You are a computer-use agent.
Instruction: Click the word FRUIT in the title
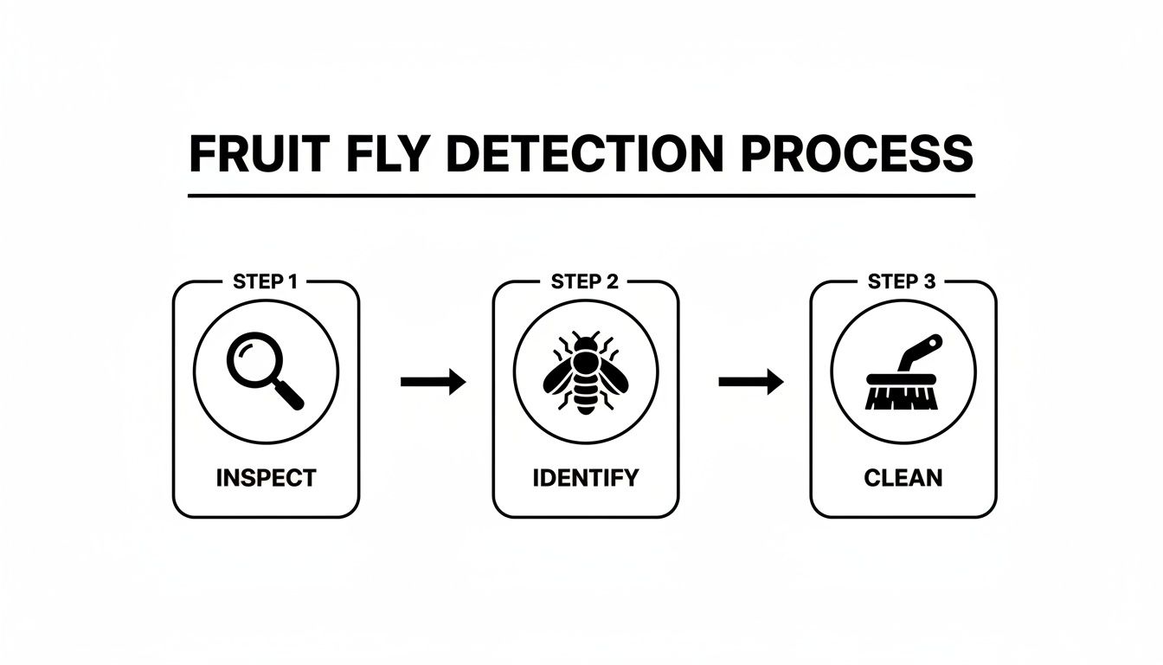[244, 155]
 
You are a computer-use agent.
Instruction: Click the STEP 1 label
[266, 281]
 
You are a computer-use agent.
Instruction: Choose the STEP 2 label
[585, 281]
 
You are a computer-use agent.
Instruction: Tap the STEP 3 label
[903, 281]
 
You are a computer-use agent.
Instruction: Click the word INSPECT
[266, 477]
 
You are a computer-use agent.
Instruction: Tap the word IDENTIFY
[585, 477]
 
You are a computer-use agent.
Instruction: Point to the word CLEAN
[903, 477]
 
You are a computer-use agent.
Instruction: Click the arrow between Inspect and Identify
[433, 381]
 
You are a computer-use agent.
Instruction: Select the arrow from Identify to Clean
[751, 381]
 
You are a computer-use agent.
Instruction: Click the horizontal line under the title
[581, 196]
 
